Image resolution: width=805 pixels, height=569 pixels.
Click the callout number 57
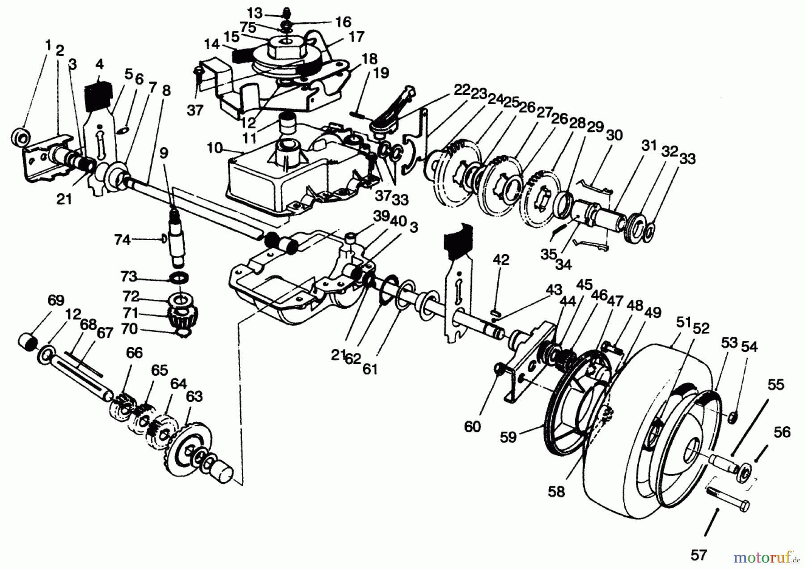[x=698, y=555]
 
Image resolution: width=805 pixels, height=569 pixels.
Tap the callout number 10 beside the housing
[x=215, y=148]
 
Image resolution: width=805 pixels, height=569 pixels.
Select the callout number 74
[x=122, y=240]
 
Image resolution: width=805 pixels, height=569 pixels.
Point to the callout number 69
[x=55, y=300]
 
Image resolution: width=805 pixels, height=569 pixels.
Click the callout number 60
[x=472, y=426]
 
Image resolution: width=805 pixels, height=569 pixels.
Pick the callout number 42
[x=501, y=260]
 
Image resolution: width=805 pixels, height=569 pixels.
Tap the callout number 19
[x=381, y=73]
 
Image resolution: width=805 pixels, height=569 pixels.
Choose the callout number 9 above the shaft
[x=164, y=153]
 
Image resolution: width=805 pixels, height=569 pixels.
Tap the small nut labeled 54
[x=733, y=418]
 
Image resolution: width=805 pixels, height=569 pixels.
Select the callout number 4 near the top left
[x=99, y=64]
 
